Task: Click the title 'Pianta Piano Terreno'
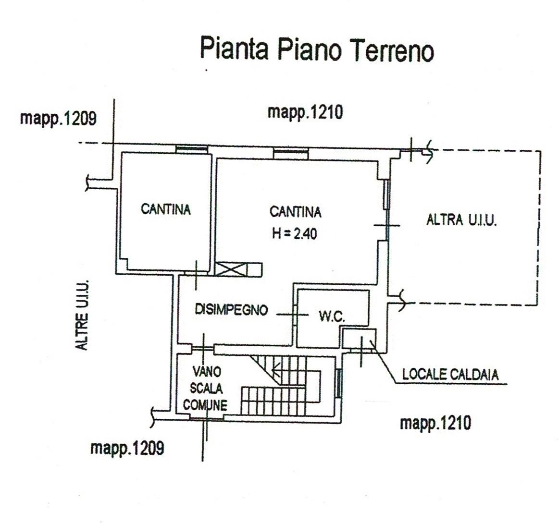coord(317,49)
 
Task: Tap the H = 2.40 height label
coord(295,234)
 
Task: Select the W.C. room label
coord(332,316)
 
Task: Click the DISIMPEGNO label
coord(231,309)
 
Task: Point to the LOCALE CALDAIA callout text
coord(450,375)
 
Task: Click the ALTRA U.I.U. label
coord(462,220)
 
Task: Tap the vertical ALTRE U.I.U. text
coord(82,315)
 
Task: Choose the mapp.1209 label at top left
coord(58,118)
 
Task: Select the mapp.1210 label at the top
coord(305,112)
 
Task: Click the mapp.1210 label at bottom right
coord(435,423)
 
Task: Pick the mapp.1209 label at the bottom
coord(127,448)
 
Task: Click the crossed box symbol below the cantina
coord(231,269)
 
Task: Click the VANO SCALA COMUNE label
coord(206,389)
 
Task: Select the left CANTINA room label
coord(166,209)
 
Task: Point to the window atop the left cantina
coord(191,149)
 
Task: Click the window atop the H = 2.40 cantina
coord(290,154)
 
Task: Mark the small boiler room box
coord(359,339)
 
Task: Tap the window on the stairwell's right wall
coord(339,383)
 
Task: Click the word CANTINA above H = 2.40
coord(295,212)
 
